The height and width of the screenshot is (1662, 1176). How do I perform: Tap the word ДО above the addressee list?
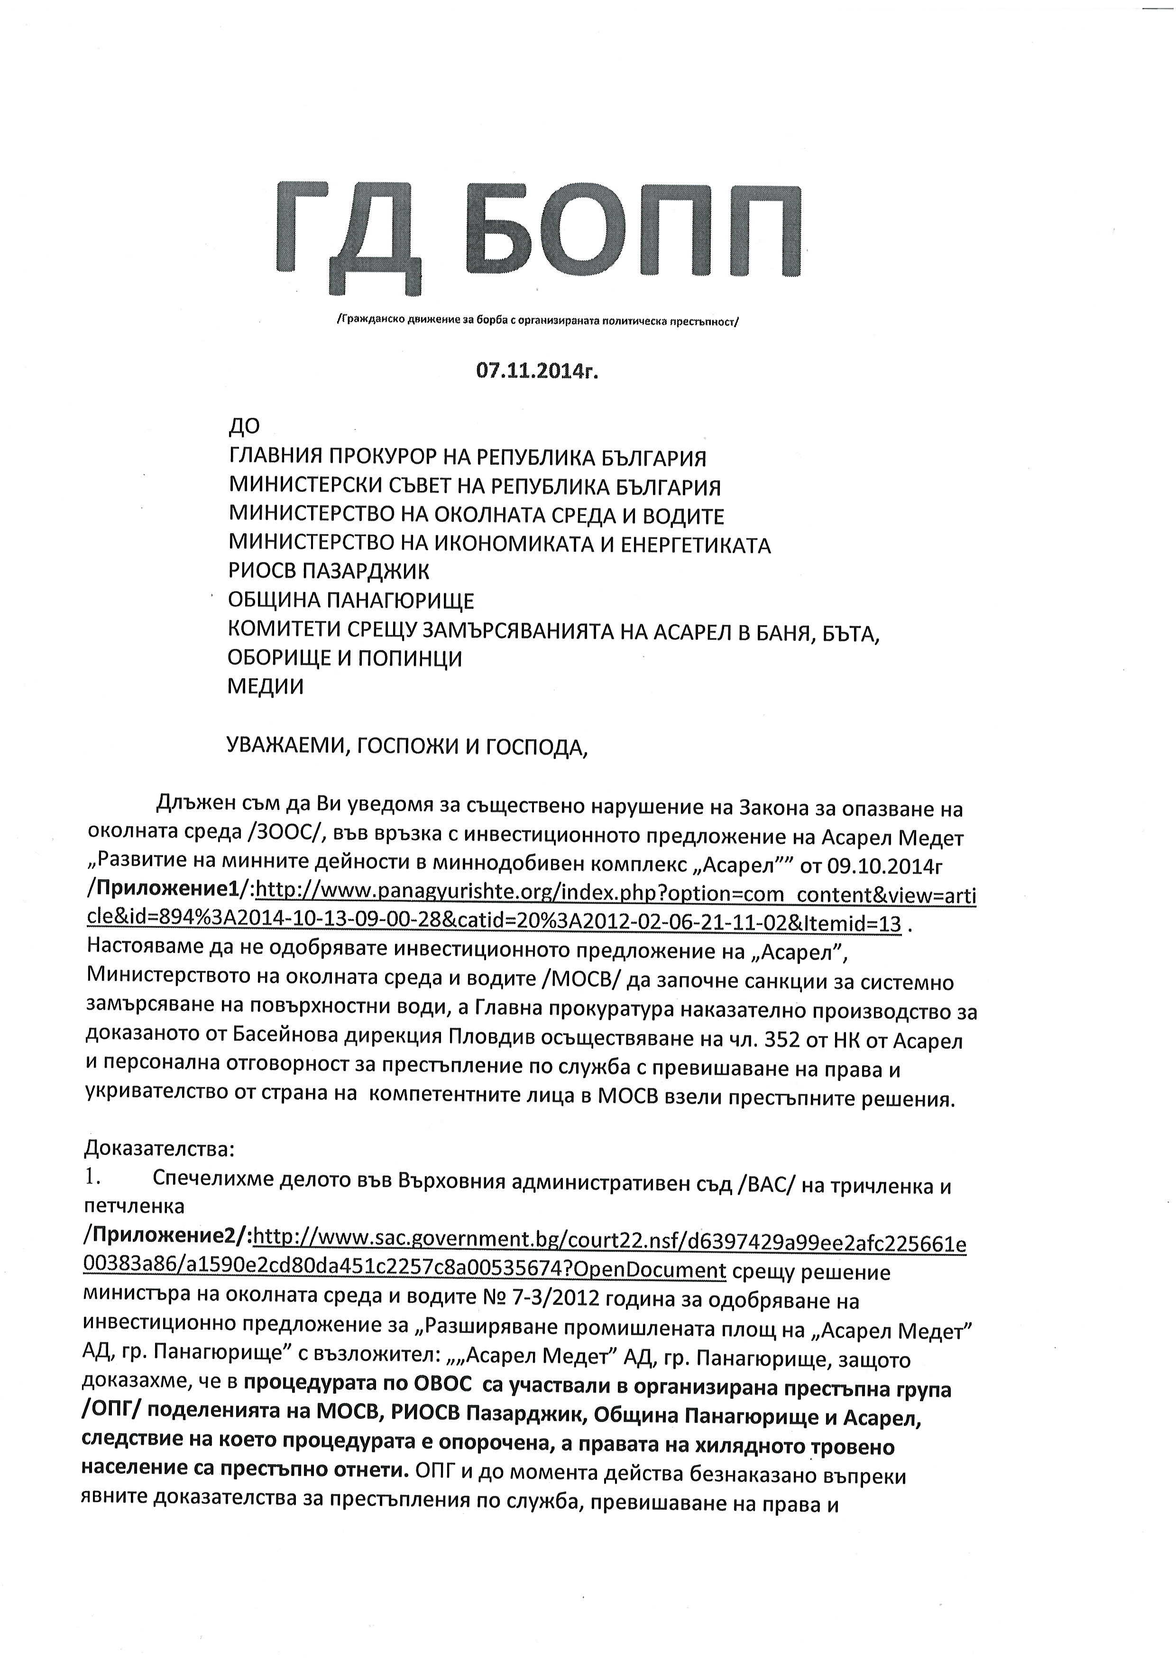pyautogui.click(x=244, y=428)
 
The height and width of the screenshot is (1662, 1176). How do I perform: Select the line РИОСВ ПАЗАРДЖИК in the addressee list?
pyautogui.click(x=329, y=572)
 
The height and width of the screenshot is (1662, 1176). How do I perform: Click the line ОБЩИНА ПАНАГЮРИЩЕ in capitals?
pyautogui.click(x=351, y=600)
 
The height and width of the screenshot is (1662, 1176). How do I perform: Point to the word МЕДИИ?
pyautogui.click(x=266, y=686)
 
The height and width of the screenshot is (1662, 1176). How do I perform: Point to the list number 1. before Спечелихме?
pyautogui.click(x=94, y=1178)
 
